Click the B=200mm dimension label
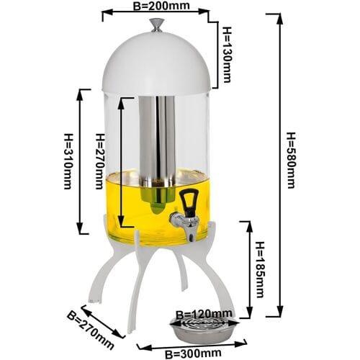[161, 6]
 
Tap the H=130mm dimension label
[227, 55]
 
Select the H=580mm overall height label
[291, 161]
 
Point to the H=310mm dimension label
[68, 161]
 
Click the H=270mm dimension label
[100, 161]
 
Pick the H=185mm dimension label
[260, 270]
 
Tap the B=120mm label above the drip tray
[204, 314]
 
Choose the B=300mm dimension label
[193, 354]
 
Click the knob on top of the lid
[157, 25]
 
